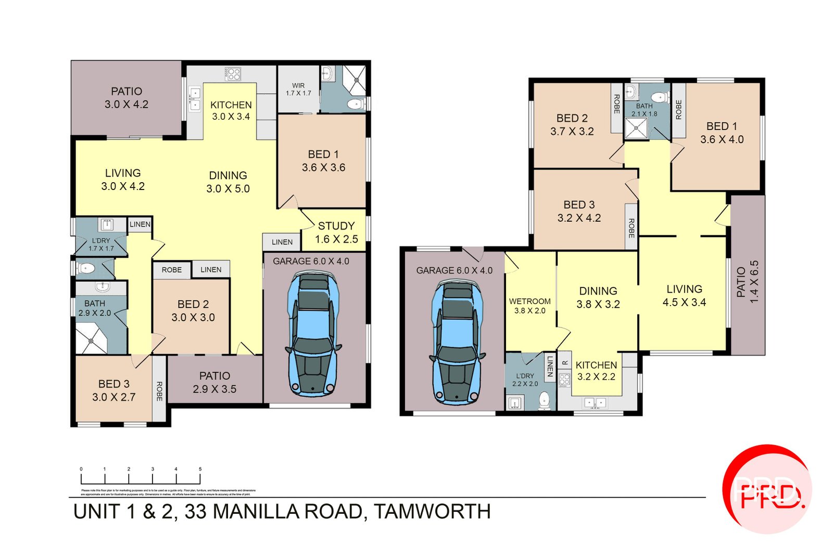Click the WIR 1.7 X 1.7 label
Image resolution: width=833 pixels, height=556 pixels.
pyautogui.click(x=298, y=89)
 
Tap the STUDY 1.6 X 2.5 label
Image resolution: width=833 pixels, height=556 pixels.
pyautogui.click(x=336, y=232)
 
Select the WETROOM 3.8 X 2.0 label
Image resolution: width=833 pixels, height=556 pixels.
pyautogui.click(x=529, y=306)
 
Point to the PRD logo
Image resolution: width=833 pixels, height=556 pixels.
pyautogui.click(x=767, y=489)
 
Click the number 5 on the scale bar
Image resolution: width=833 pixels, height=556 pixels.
pyautogui.click(x=200, y=469)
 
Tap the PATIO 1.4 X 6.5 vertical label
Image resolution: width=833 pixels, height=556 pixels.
pyautogui.click(x=748, y=282)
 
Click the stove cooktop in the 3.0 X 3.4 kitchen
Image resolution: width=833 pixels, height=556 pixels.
pyautogui.click(x=233, y=74)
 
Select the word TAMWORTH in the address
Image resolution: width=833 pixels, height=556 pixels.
pyautogui.click(x=432, y=512)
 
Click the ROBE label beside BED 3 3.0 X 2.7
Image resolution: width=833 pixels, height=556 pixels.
pyautogui.click(x=159, y=391)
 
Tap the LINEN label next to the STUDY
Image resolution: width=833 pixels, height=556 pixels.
pyautogui.click(x=282, y=242)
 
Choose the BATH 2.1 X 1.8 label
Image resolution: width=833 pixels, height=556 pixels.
pyautogui.click(x=644, y=109)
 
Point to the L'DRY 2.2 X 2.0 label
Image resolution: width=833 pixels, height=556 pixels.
pyautogui.click(x=525, y=380)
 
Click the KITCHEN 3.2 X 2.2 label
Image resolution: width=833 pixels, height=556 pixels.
pyautogui.click(x=596, y=371)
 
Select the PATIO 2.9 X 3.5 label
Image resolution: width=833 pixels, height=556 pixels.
pyautogui.click(x=214, y=382)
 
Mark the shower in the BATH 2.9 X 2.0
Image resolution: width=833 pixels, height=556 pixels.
pyautogui.click(x=92, y=339)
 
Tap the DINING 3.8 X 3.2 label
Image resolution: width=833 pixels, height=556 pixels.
pyautogui.click(x=598, y=297)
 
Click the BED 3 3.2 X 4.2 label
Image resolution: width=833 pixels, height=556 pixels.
pyautogui.click(x=579, y=211)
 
